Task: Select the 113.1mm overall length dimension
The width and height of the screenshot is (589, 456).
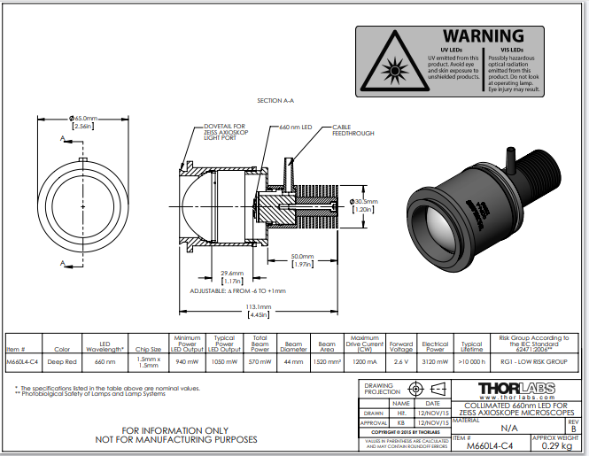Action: (260, 307)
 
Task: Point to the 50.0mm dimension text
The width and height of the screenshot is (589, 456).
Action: (304, 257)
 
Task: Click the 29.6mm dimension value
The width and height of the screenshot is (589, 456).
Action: (233, 274)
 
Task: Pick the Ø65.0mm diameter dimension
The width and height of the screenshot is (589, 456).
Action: (83, 118)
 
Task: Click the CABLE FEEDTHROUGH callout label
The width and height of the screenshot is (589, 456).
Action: (352, 131)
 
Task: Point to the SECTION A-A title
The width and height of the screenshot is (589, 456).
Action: (275, 101)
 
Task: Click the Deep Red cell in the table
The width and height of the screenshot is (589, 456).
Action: (62, 361)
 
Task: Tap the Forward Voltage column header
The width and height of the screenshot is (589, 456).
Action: (401, 345)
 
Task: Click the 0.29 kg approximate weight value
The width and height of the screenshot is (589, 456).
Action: (555, 446)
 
